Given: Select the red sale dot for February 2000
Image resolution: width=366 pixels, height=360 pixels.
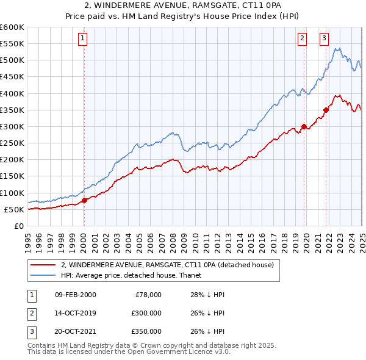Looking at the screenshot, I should (x=85, y=200).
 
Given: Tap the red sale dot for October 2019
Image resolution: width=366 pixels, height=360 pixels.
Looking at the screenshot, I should (x=304, y=127).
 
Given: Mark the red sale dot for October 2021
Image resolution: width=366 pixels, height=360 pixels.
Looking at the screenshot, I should (x=326, y=110).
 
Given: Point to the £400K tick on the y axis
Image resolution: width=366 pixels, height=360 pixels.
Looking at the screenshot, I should (x=12, y=93).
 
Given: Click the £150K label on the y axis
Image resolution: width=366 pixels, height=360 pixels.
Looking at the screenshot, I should (x=12, y=176).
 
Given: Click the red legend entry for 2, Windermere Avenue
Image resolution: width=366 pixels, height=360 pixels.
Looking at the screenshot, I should (x=171, y=265).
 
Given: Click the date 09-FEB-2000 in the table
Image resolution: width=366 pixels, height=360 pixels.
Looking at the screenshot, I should (x=75, y=295).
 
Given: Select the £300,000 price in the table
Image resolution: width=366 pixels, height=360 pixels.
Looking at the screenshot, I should (x=146, y=313).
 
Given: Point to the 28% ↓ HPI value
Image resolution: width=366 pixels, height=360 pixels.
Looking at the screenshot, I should (x=207, y=295).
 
